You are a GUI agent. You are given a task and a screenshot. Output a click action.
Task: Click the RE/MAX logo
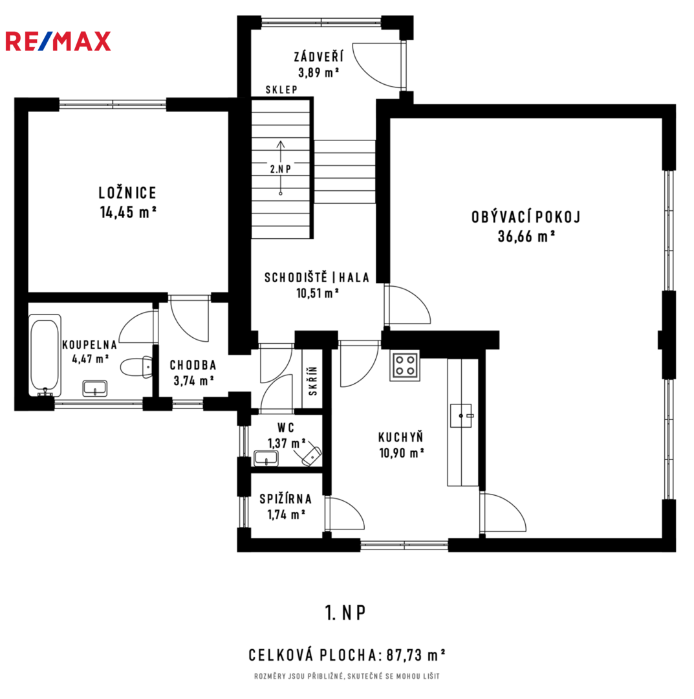pos(58,41)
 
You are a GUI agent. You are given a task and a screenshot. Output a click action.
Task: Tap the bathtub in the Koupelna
pos(45,355)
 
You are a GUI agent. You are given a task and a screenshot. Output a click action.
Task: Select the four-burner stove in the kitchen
pos(405,366)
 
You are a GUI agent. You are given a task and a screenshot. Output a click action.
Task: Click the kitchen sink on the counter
pos(461,416)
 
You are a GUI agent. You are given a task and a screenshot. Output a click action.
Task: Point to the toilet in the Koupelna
pos(136,367)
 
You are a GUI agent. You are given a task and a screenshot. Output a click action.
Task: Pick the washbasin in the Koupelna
pos(95,388)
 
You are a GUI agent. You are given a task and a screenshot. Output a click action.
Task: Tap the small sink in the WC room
pos(266,458)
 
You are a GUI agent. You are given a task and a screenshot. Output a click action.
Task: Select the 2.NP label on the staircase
pos(281,169)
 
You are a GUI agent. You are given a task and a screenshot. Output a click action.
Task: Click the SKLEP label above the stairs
pos(281,89)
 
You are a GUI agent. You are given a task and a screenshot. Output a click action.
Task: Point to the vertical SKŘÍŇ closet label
pos(312,381)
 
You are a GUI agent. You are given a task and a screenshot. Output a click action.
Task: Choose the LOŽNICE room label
pos(128,193)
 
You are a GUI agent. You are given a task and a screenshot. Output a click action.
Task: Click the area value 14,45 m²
pos(128,212)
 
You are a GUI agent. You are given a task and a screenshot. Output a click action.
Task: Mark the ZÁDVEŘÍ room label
pos(318,56)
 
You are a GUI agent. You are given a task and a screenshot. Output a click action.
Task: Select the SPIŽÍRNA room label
pos(285,499)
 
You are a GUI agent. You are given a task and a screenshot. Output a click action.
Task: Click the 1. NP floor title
pos(345,613)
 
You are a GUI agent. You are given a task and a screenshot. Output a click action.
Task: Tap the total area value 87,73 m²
pos(416,655)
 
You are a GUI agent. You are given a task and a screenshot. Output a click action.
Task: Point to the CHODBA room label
pos(193,365)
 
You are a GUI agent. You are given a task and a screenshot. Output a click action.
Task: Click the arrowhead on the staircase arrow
pos(281,144)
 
